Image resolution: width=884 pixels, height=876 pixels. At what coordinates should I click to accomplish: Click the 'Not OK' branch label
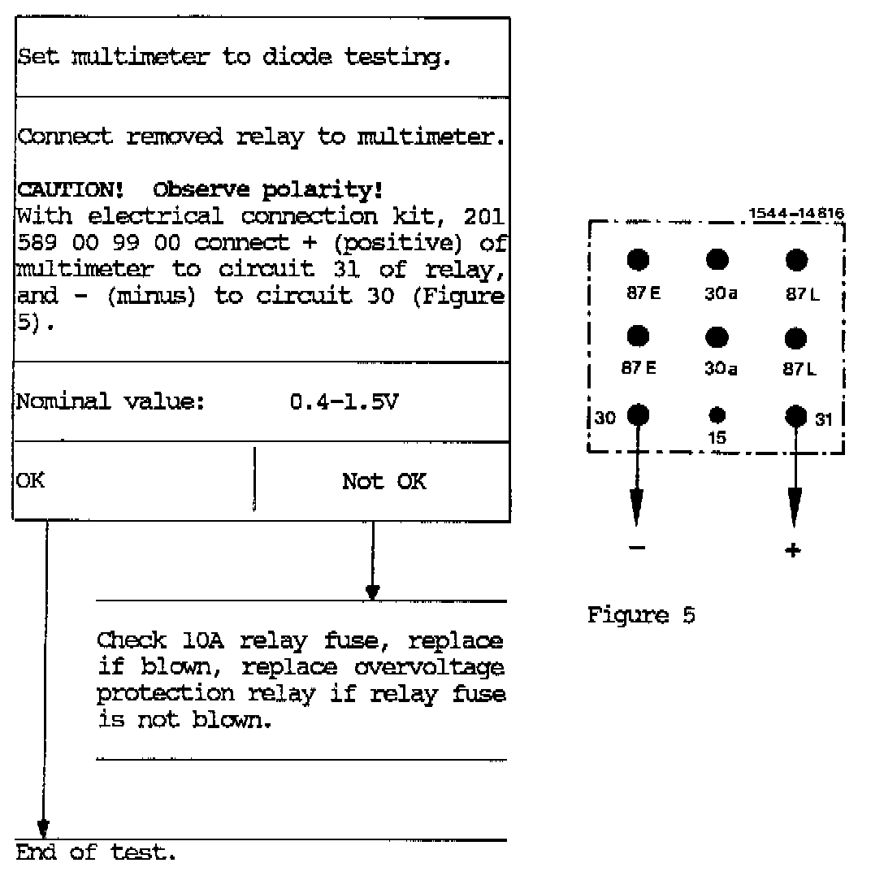[x=383, y=481]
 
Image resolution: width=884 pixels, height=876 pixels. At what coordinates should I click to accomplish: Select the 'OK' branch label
[x=31, y=480]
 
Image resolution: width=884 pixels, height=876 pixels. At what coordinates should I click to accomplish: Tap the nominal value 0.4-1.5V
[x=344, y=401]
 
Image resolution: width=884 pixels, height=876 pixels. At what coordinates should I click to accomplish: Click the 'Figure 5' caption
[x=641, y=615]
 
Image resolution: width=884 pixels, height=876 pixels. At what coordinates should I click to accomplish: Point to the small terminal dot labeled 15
[x=717, y=415]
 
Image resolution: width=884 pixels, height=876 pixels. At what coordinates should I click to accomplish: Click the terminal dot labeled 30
[x=638, y=415]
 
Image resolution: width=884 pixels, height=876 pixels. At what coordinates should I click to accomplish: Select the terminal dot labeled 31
[x=795, y=415]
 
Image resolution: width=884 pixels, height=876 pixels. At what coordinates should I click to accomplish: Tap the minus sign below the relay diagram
[x=638, y=549]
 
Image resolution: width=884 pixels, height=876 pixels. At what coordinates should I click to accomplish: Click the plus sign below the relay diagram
[x=794, y=550]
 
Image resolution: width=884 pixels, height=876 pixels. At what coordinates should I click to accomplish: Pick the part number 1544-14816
[x=796, y=214]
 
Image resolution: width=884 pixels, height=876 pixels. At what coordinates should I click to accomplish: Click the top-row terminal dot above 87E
[x=638, y=259]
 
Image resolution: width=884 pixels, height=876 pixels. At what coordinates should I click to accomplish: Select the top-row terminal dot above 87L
[x=796, y=259]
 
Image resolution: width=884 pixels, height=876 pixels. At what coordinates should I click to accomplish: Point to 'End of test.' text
[x=96, y=852]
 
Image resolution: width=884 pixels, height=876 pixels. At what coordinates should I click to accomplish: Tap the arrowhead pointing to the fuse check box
[x=372, y=592]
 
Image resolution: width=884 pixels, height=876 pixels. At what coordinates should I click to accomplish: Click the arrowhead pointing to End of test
[x=44, y=830]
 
